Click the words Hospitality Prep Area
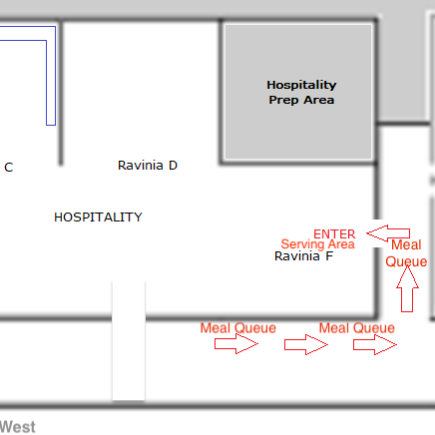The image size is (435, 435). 301,93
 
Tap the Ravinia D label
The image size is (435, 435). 148,166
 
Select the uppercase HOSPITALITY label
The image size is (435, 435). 98,217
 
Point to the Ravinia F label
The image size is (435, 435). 303,256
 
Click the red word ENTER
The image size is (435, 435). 334,234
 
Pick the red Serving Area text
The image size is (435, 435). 318,244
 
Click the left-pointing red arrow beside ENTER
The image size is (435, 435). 388,233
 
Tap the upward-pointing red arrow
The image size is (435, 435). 407,289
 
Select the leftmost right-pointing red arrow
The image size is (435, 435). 236,344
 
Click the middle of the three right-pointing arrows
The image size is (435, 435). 306,345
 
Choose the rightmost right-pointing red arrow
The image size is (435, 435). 375,345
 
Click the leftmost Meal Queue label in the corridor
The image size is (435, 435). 238,328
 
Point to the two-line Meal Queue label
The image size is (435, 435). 406,253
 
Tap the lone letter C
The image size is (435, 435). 9,168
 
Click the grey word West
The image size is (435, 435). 17,427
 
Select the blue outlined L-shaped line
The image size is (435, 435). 51,76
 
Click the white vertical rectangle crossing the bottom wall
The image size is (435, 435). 129,340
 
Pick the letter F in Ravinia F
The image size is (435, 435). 329,256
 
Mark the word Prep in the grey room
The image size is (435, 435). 283,100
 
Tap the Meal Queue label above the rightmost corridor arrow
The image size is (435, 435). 357,328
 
